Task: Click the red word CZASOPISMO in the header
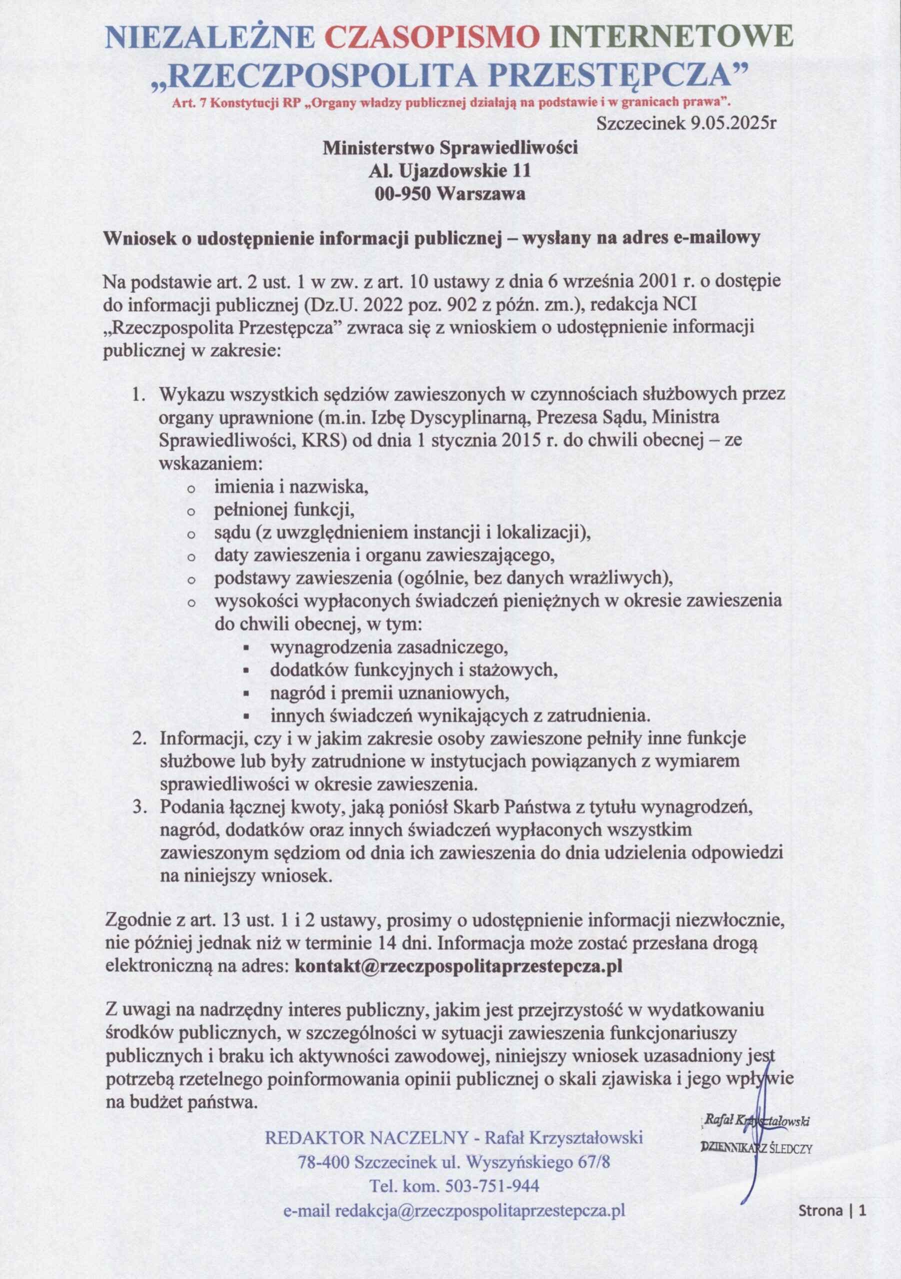coord(432,38)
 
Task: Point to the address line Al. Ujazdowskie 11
coord(450,170)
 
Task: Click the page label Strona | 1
coord(833,1206)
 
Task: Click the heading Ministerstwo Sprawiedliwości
coord(450,147)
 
